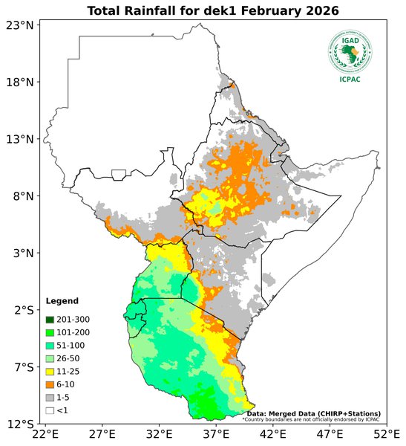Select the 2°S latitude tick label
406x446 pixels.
(20, 310)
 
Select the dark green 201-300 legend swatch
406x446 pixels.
(50, 319)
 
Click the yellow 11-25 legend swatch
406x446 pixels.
(50, 371)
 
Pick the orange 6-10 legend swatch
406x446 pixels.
(50, 384)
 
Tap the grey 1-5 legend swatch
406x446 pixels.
(50, 397)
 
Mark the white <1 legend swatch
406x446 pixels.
(50, 410)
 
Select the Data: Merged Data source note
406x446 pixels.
(313, 413)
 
